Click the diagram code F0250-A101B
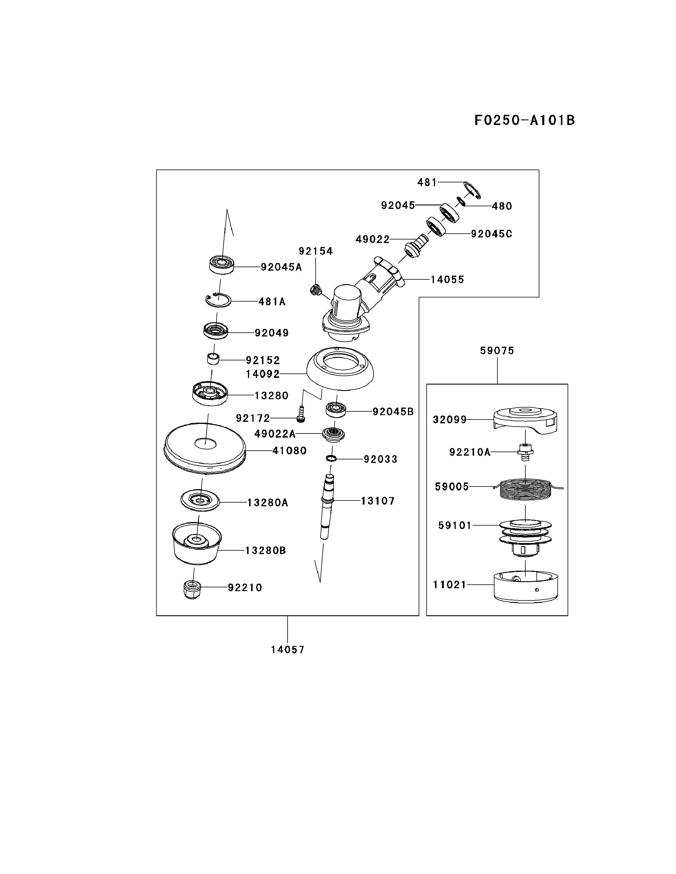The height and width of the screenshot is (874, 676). [524, 120]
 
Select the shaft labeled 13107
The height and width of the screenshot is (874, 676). [328, 506]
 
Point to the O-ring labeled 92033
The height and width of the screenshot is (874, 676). [331, 458]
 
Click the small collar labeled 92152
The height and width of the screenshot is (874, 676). [213, 359]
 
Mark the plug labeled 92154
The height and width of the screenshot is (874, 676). [316, 289]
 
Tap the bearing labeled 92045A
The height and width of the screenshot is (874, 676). [221, 265]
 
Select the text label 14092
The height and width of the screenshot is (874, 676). [263, 374]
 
